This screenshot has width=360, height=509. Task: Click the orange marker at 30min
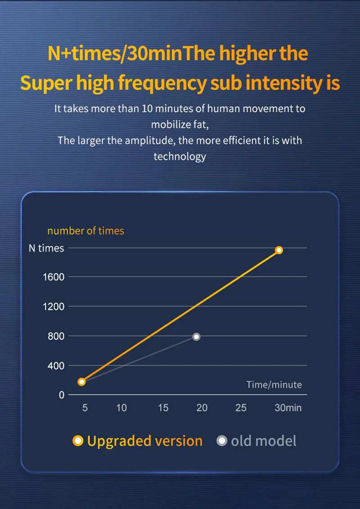point(279,250)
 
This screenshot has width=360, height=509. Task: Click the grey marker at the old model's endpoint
point(196,337)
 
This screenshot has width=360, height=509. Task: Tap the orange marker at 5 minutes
point(81,382)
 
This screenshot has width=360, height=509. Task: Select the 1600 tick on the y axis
point(54,277)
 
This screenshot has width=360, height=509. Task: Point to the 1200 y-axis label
point(54,306)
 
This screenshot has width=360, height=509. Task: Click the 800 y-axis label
point(57,336)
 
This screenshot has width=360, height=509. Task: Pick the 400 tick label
point(57,365)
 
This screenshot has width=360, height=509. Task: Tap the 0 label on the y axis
point(62,395)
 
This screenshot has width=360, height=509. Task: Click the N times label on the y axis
point(46,248)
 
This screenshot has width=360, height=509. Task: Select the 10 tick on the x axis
point(121,408)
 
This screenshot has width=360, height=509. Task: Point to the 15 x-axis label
point(163,408)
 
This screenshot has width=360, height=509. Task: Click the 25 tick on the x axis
point(241,408)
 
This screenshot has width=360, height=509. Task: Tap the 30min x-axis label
point(288,408)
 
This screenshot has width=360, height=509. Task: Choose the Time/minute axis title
point(274,385)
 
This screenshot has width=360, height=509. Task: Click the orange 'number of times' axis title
point(85,231)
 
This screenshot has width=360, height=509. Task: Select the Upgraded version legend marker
point(78,441)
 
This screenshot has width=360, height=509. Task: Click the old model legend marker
point(222,441)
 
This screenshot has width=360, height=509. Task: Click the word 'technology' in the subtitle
point(180,157)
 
